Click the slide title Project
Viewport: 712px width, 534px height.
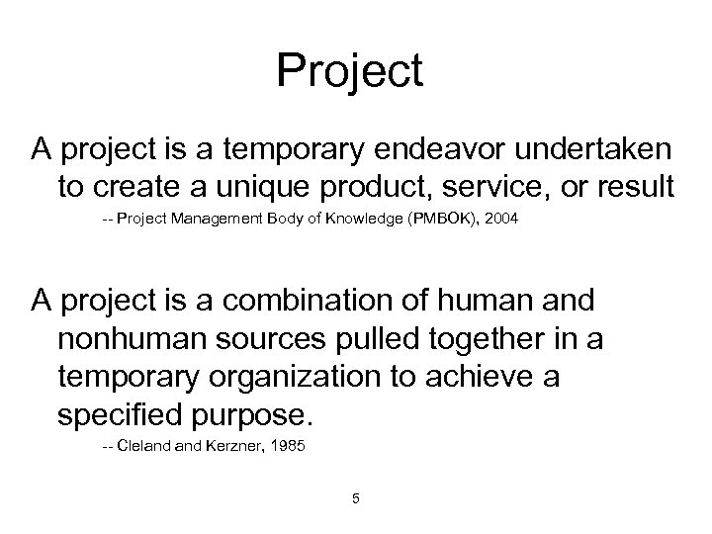350,71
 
